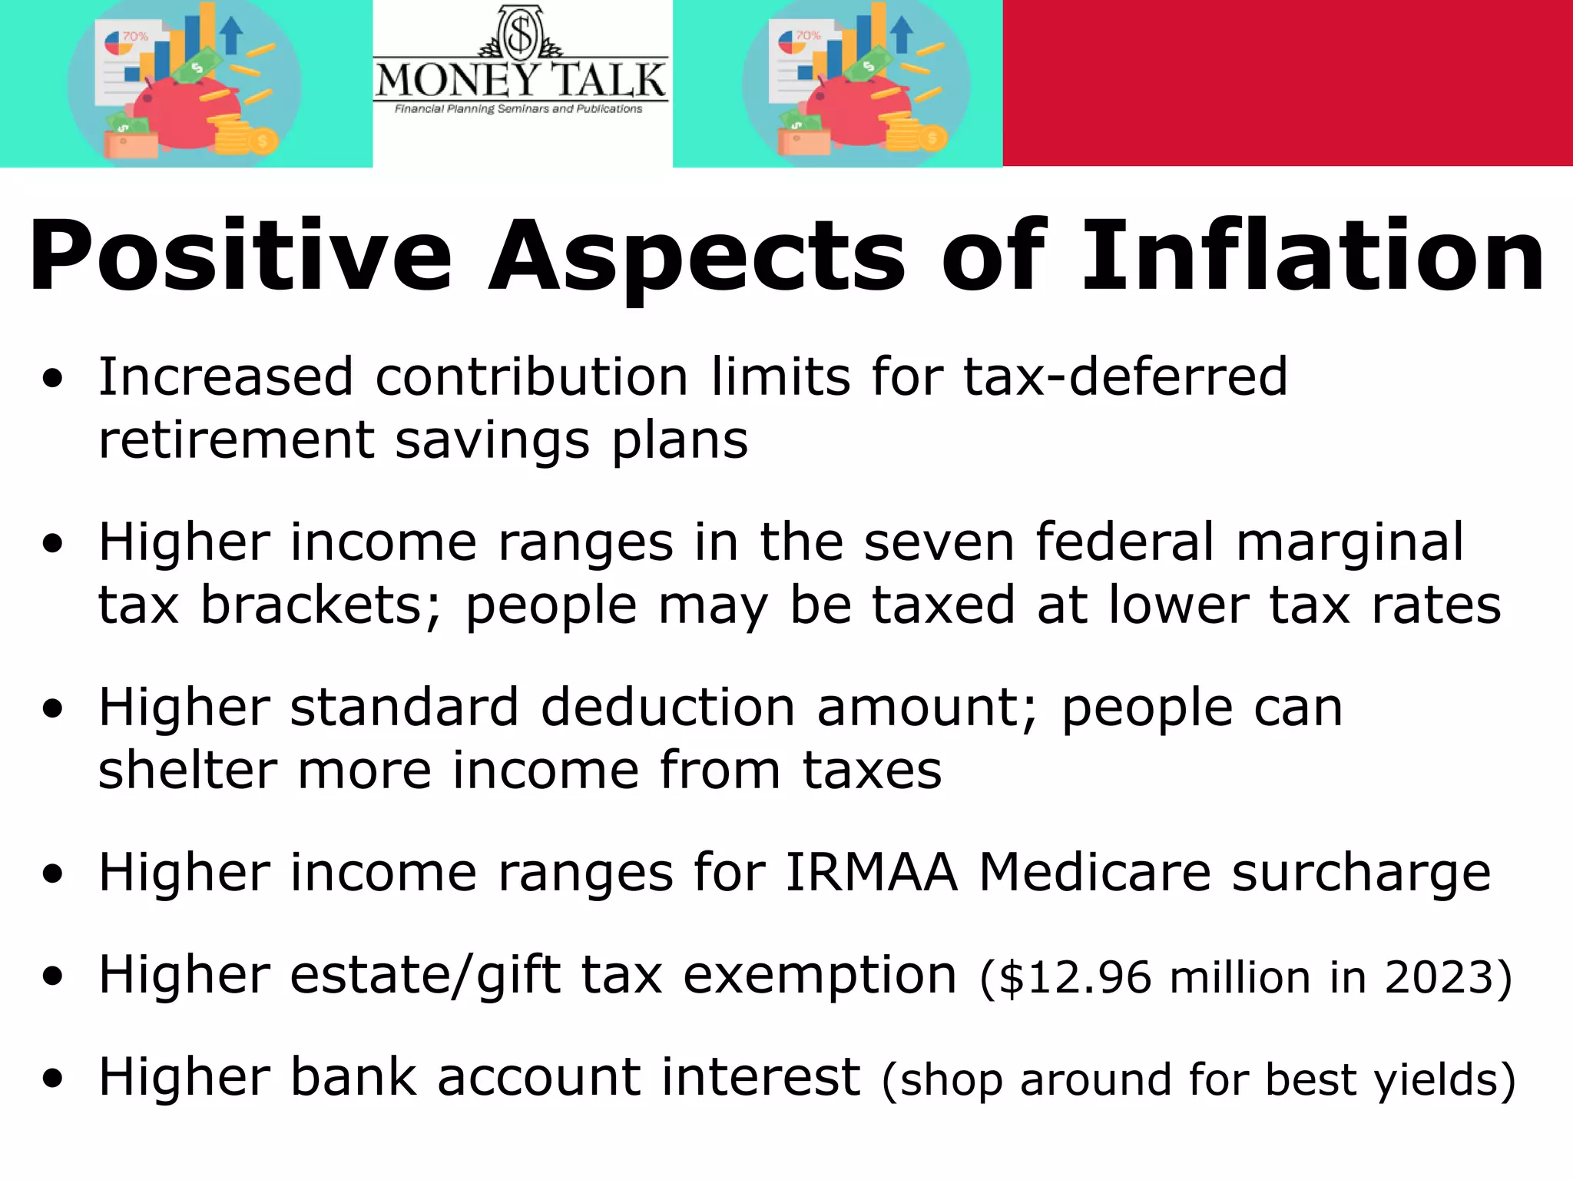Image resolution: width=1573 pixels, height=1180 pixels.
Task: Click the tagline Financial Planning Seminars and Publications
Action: pyautogui.click(x=518, y=109)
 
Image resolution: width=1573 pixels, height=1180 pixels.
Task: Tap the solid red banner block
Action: pyautogui.click(x=1287, y=82)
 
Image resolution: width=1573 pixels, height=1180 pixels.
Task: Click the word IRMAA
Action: pyautogui.click(x=871, y=873)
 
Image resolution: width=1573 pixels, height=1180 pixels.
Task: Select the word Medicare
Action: pyautogui.click(x=1094, y=873)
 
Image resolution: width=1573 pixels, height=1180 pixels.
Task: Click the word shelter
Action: pyautogui.click(x=187, y=770)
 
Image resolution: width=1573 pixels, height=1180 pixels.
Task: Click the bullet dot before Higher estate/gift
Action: pyautogui.click(x=52, y=977)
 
